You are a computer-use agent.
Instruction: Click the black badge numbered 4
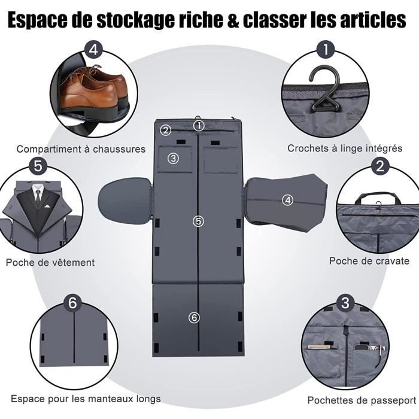pyautogui.click(x=92, y=48)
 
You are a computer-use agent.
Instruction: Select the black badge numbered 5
pyautogui.click(x=38, y=165)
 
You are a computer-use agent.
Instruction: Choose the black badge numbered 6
pyautogui.click(x=73, y=303)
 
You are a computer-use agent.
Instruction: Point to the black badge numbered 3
pyautogui.click(x=345, y=303)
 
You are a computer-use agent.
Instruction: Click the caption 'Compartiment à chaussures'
pyautogui.click(x=81, y=149)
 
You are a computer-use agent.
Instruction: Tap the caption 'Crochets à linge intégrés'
pyautogui.click(x=336, y=148)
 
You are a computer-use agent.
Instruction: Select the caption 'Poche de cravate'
pyautogui.click(x=369, y=261)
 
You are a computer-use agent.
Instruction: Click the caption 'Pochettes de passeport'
pyautogui.click(x=362, y=400)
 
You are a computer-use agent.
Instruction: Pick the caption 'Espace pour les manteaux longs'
pyautogui.click(x=86, y=399)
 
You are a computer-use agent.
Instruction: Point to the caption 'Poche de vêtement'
pyautogui.click(x=50, y=262)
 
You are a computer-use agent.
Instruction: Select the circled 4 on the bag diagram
pyautogui.click(x=288, y=201)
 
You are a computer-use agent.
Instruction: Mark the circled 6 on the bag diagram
pyautogui.click(x=193, y=318)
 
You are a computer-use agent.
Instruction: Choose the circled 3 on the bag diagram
pyautogui.click(x=173, y=159)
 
